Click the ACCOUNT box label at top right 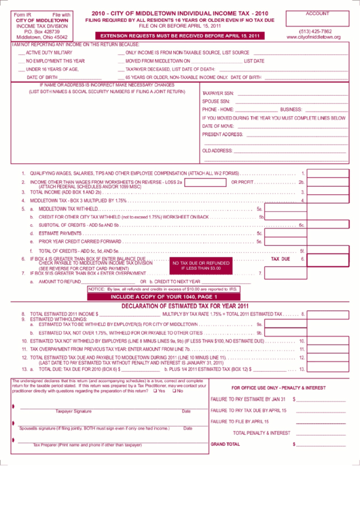(317, 14)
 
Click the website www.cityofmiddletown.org (314, 37)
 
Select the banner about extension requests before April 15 (179, 35)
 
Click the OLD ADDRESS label (218, 150)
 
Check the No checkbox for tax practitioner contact (175, 390)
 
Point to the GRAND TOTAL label (226, 444)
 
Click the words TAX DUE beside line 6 (281, 258)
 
